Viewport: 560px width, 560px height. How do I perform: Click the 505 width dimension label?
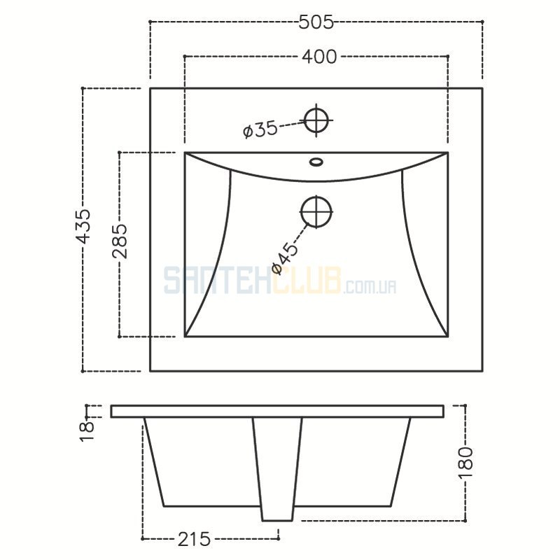316,22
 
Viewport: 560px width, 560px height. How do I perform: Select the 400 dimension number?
319,57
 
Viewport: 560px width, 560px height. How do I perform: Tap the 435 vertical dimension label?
84,226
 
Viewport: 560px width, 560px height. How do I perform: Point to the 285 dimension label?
120,241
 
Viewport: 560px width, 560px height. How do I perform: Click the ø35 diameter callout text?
260,129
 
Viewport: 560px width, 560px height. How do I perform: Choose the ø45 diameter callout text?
285,258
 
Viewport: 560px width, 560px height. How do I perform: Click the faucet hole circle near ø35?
316,120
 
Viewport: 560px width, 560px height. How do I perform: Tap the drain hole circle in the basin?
316,212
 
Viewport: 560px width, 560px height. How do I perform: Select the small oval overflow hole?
316,162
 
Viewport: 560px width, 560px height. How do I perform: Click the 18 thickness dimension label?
87,431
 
